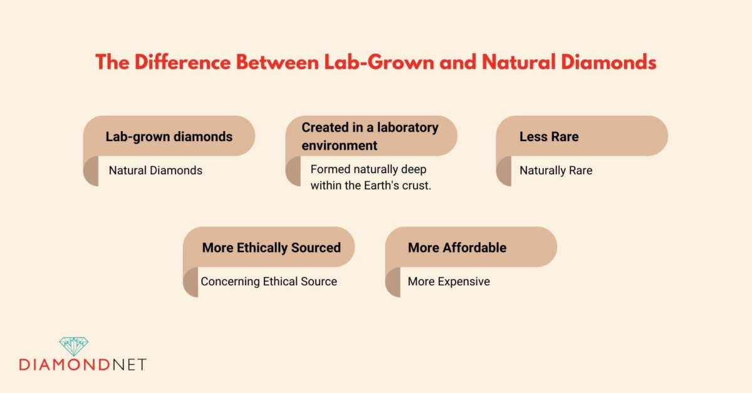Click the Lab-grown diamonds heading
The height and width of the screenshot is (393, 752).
[x=169, y=137]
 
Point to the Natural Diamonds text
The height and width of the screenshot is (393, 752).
[x=155, y=170]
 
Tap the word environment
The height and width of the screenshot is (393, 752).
[x=339, y=145]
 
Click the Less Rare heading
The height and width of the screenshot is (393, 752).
[x=548, y=137]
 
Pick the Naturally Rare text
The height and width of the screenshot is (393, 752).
[x=555, y=170]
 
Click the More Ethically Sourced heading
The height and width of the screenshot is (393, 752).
[x=271, y=248]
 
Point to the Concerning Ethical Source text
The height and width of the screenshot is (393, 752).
[x=269, y=281]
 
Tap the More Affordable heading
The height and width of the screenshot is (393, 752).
[x=457, y=248]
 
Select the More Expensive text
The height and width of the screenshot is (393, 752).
[x=449, y=281]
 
